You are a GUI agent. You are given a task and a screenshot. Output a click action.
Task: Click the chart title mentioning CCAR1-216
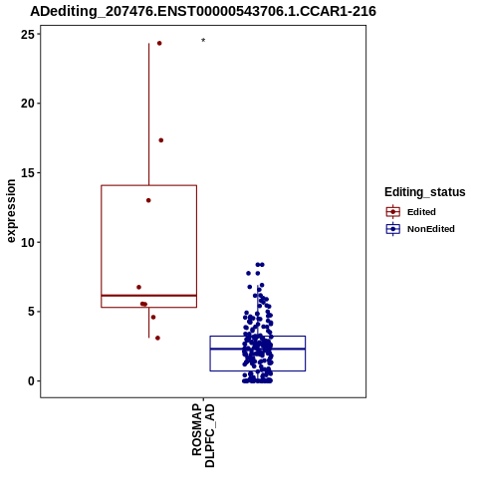203,11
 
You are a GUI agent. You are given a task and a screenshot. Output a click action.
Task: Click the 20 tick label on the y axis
28,104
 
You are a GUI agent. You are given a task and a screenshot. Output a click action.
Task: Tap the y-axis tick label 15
28,172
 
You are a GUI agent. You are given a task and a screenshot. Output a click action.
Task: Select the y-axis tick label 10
28,242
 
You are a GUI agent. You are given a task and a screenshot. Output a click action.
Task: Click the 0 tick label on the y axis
31,381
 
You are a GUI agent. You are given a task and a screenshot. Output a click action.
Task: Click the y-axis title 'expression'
11,211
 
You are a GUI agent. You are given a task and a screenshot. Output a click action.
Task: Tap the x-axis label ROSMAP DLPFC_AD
203,435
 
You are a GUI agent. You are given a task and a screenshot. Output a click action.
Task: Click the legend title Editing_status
425,192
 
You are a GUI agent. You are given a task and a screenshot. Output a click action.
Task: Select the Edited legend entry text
421,212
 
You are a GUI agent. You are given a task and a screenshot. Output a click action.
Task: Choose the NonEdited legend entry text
431,229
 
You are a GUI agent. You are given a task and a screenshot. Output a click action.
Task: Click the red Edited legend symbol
393,212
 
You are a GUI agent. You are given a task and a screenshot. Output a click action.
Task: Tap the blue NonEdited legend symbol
393,229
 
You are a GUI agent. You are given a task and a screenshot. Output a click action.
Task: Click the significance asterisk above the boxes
203,41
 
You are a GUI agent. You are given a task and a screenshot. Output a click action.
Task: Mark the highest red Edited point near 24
159,43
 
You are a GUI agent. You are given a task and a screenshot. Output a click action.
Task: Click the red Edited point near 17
161,140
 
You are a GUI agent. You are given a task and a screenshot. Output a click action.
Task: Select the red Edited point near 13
148,200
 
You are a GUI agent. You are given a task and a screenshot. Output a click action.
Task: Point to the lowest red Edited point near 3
157,338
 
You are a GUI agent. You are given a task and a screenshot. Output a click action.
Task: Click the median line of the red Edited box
148,296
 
